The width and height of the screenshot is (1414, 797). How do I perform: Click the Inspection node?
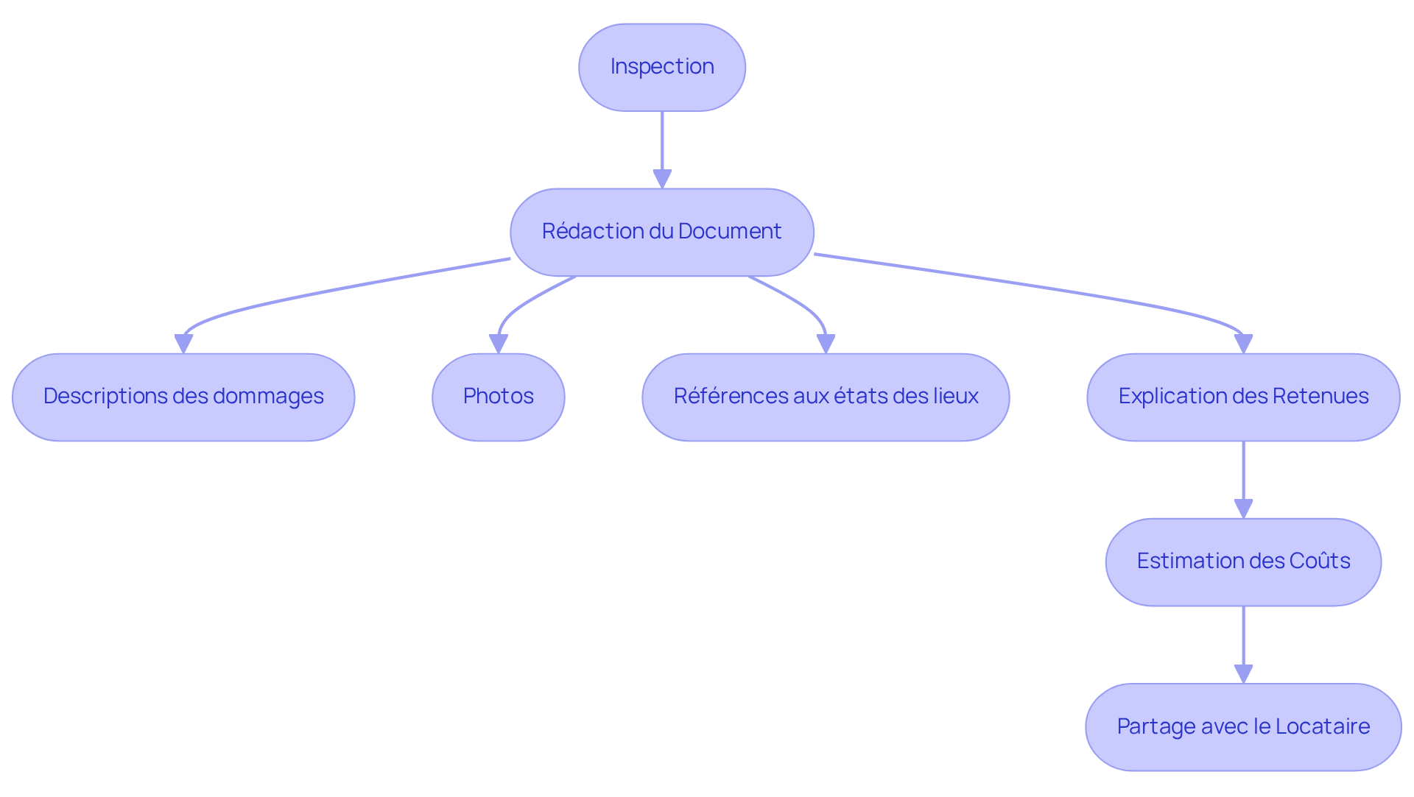click(x=661, y=67)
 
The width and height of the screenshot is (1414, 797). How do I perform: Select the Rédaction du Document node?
click(x=661, y=232)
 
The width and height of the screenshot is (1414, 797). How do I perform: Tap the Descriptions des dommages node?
click(x=183, y=397)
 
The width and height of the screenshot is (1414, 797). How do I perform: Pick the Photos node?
click(x=498, y=397)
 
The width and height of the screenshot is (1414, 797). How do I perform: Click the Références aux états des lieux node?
click(x=826, y=397)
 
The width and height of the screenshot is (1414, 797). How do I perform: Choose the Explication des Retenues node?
click(x=1243, y=397)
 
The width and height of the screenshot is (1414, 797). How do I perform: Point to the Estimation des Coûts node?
click(x=1243, y=562)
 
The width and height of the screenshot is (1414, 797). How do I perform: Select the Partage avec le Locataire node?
click(x=1243, y=726)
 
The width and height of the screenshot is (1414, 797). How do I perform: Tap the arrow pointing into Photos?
click(x=519, y=305)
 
